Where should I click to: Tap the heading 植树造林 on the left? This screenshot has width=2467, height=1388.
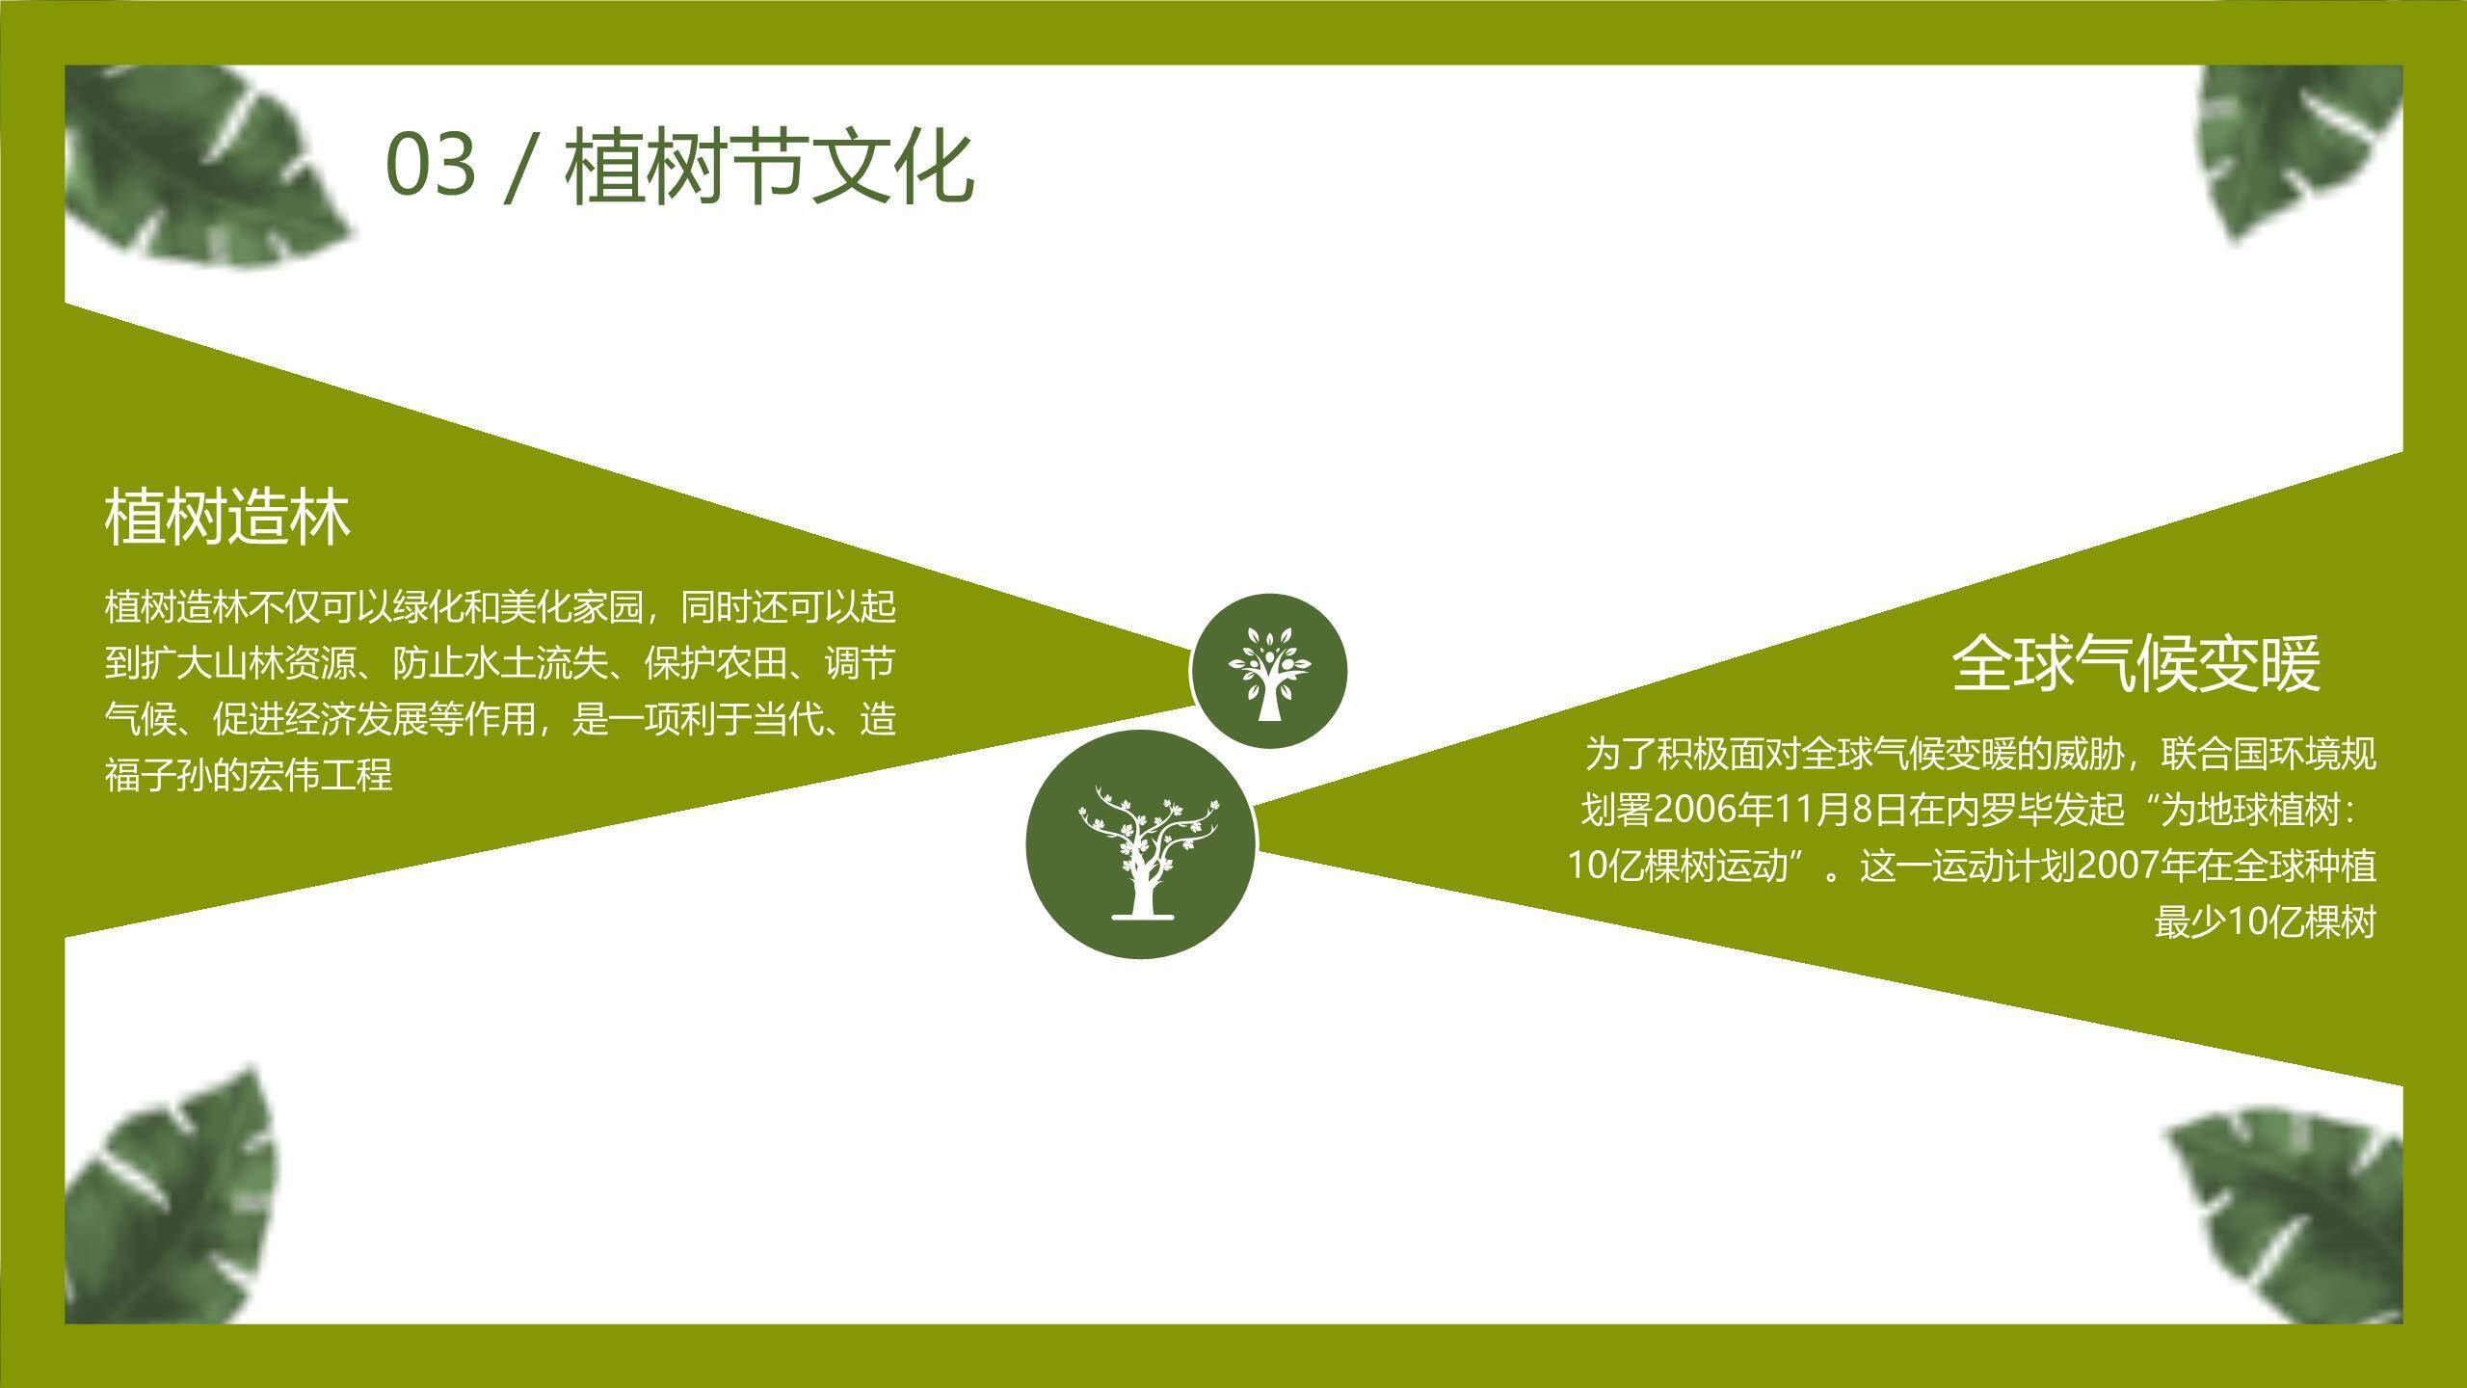pos(227,518)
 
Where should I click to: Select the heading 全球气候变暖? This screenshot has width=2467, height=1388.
pos(2135,663)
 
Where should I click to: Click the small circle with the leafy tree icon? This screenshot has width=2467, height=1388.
pos(1268,671)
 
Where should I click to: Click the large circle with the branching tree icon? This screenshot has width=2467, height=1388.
pos(1142,844)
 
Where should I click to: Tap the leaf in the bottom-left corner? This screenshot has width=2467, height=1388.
pos(173,1205)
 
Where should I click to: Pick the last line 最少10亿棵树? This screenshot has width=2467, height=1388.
pos(2265,922)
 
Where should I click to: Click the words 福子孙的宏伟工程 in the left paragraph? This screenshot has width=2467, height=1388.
pos(249,775)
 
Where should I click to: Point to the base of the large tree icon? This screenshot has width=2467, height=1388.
pos(1143,914)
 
